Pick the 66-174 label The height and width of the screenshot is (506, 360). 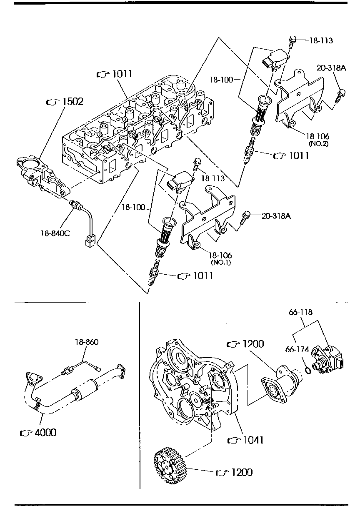pyautogui.click(x=297, y=349)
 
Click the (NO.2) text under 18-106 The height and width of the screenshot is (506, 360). pyautogui.click(x=319, y=143)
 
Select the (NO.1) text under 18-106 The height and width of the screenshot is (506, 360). pyautogui.click(x=220, y=262)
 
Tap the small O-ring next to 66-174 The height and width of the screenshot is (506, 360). pyautogui.click(x=307, y=369)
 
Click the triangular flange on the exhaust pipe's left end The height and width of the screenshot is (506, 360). pyautogui.click(x=32, y=378)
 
